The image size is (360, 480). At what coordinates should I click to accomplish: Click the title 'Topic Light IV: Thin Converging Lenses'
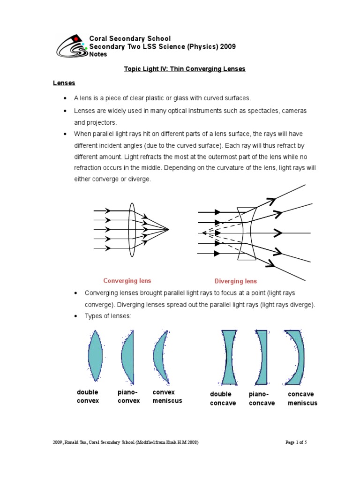pyautogui.click(x=184, y=69)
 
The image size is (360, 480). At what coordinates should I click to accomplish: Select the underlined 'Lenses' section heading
pyautogui.click(x=64, y=83)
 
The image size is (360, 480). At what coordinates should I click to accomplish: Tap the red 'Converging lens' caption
pyautogui.click(x=127, y=281)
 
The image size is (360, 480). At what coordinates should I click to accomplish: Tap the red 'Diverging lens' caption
pyautogui.click(x=236, y=281)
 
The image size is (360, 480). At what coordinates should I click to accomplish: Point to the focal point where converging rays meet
pyautogui.click(x=168, y=229)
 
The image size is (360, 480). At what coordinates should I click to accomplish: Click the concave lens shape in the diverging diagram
pyautogui.click(x=247, y=233)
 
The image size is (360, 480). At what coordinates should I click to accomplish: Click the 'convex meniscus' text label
pyautogui.click(x=167, y=396)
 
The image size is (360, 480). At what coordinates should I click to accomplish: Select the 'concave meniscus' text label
pyautogui.click(x=302, y=398)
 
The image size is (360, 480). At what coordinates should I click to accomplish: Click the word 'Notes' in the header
pyautogui.click(x=98, y=54)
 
